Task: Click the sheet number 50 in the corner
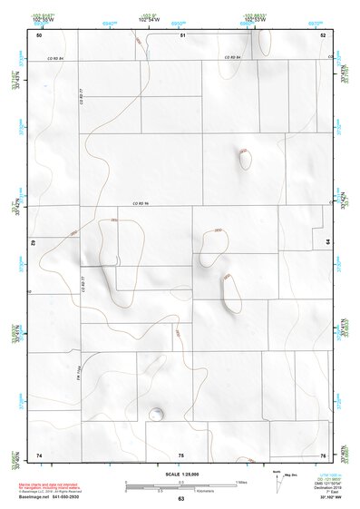tap(39, 34)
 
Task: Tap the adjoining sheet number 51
tap(182, 34)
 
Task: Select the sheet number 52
tap(323, 34)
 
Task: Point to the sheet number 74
tap(39, 454)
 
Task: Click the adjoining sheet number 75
tap(181, 454)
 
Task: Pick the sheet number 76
tap(323, 454)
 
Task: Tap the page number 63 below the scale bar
tap(180, 499)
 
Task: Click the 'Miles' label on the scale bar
tap(241, 480)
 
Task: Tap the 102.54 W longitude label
tap(147, 17)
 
